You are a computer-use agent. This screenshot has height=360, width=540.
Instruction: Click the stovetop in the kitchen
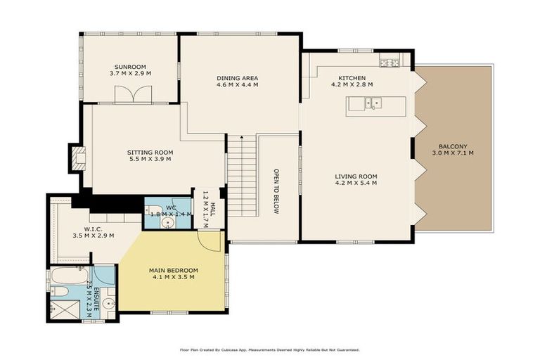[389, 63]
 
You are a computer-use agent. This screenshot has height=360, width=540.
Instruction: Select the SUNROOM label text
[129, 65]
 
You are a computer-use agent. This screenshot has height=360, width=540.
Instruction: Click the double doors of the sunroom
[134, 94]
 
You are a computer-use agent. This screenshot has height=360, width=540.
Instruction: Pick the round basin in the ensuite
[107, 304]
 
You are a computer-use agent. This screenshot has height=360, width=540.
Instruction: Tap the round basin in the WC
[167, 224]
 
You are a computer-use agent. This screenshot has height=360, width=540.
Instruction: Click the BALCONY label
[453, 145]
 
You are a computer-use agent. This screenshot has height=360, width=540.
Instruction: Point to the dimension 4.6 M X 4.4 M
[238, 84]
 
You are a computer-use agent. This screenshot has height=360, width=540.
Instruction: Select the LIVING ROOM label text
[356, 176]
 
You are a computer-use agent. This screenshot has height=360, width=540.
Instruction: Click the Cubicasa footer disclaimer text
[270, 349]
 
